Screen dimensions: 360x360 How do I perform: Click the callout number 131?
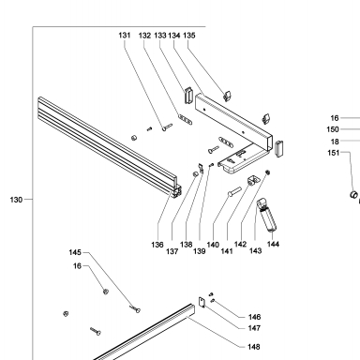[x=125, y=36]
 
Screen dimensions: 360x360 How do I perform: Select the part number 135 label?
[x=189, y=36]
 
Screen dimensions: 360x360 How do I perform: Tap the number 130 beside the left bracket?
[x=16, y=200]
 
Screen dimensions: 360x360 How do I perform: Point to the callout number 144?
[x=273, y=244]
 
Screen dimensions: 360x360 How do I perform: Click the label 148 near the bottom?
[x=254, y=347]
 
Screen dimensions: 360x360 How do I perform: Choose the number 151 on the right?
[x=334, y=153]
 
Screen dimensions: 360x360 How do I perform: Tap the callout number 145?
[x=75, y=252]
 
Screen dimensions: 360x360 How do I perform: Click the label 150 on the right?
[x=333, y=129]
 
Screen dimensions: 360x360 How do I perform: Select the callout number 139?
[x=200, y=251]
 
